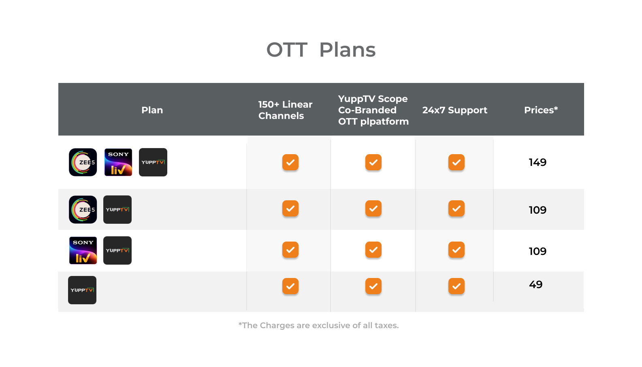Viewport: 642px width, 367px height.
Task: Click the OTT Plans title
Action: (x=321, y=50)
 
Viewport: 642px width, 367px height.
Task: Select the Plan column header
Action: (x=152, y=110)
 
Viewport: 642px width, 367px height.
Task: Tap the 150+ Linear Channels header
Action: (x=285, y=110)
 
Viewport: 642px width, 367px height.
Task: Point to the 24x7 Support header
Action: (x=455, y=110)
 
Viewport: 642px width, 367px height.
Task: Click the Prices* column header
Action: (x=541, y=110)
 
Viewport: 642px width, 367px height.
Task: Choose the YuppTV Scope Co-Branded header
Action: (x=373, y=110)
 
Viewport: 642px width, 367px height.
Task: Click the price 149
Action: (x=537, y=162)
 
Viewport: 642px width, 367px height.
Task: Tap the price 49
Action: (x=535, y=284)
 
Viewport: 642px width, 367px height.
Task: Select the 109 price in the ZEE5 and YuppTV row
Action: (x=537, y=210)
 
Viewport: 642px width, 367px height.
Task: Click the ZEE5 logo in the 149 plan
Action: (x=83, y=162)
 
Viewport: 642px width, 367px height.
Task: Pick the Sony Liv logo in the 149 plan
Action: (x=118, y=162)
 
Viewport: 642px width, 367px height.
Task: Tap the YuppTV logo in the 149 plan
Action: (x=153, y=162)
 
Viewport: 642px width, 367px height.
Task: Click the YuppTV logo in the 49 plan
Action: (x=82, y=290)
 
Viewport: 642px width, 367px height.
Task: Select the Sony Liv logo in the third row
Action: (x=83, y=250)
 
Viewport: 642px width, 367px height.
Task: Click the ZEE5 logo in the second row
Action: (x=83, y=210)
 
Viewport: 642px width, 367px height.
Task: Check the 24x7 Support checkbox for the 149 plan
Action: (x=456, y=162)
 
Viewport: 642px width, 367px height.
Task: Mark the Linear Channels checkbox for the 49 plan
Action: (x=290, y=286)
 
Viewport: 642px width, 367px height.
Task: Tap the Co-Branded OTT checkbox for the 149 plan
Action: (x=373, y=162)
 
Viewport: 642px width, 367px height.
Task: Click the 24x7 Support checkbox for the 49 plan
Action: (x=456, y=286)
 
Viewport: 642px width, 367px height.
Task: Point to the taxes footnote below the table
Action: (x=318, y=325)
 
